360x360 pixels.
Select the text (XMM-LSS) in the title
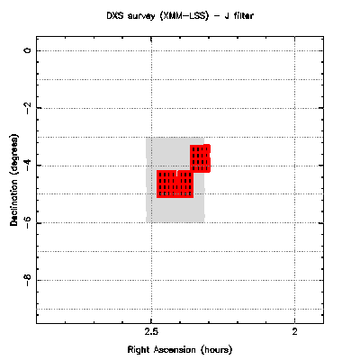click(184, 16)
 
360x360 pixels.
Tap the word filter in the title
click(243, 15)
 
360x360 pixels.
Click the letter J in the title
click(226, 15)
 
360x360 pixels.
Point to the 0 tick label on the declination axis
click(27, 50)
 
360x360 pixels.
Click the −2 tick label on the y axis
click(27, 108)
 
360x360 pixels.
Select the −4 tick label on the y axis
click(27, 166)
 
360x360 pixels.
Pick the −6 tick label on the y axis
click(27, 222)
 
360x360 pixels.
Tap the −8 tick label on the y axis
click(27, 280)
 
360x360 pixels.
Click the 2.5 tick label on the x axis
click(151, 332)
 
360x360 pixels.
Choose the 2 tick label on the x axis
click(294, 332)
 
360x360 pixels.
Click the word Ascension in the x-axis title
click(175, 350)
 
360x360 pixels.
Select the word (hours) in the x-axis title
click(217, 350)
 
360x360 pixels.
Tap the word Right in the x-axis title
click(139, 350)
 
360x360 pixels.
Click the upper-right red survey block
click(200, 158)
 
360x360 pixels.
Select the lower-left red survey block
click(175, 184)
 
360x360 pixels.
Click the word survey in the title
click(141, 16)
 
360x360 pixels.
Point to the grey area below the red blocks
click(175, 210)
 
